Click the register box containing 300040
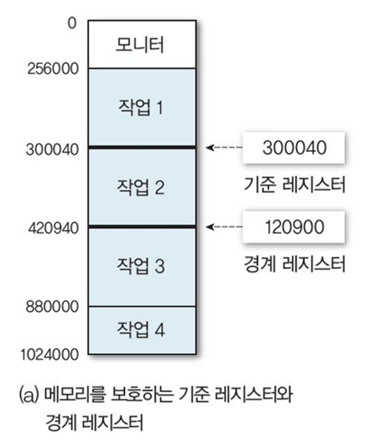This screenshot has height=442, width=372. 293,148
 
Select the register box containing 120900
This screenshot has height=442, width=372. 293,227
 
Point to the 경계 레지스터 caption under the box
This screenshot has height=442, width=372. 294,264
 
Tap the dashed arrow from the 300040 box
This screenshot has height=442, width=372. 223,148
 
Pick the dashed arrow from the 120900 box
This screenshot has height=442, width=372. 223,227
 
